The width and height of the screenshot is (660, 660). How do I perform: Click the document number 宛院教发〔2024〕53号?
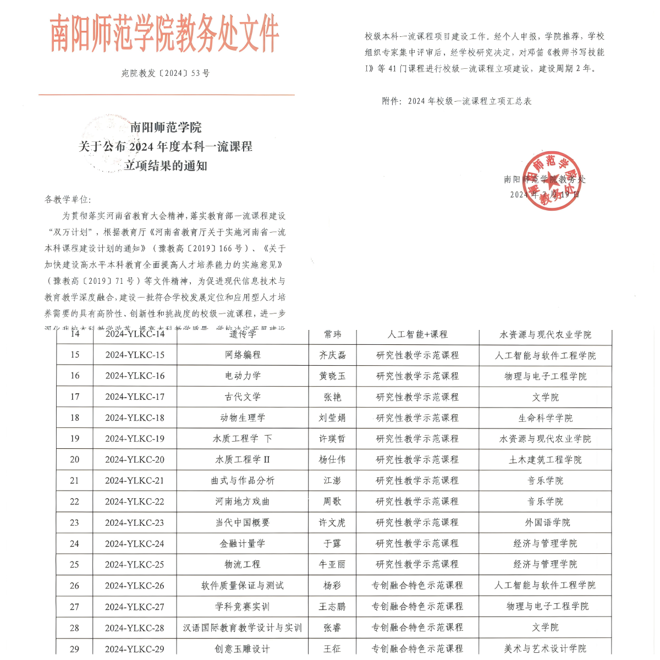[x=166, y=73]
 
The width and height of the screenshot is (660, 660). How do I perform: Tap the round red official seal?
[x=552, y=180]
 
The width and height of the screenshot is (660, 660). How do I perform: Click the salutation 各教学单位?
[x=68, y=199]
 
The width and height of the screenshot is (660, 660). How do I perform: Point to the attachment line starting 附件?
[x=457, y=101]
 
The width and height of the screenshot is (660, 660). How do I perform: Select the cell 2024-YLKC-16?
[x=135, y=376]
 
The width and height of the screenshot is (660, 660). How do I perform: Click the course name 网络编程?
[x=243, y=355]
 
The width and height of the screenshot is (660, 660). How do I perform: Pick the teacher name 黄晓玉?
[x=332, y=376]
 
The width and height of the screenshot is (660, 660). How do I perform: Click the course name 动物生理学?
[x=243, y=417]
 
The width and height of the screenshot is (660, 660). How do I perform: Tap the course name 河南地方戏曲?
[x=243, y=502]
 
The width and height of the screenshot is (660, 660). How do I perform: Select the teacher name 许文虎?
[x=332, y=522]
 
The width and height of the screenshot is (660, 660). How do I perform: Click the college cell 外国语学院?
[x=545, y=522]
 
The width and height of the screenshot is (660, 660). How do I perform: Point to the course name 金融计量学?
[x=243, y=543]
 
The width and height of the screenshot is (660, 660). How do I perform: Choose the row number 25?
[x=74, y=564]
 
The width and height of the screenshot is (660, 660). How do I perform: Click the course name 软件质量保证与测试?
[x=243, y=585]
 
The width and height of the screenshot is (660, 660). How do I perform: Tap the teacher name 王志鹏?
[x=332, y=607]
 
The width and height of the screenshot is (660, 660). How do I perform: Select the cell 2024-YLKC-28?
[x=135, y=628]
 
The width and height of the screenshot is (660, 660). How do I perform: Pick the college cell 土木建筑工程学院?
[x=545, y=460]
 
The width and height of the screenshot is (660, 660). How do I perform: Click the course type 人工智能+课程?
[x=417, y=334]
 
